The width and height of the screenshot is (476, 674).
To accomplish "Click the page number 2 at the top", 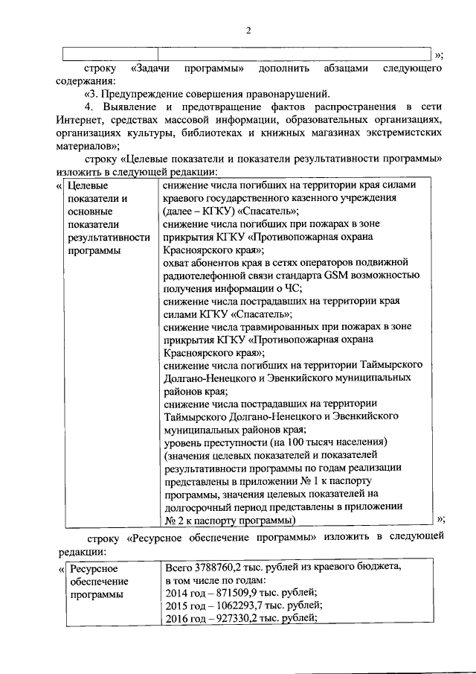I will point(249,31).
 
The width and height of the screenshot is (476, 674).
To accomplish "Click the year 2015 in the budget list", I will point(178,605).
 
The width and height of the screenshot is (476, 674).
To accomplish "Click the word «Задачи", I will point(153,68).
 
